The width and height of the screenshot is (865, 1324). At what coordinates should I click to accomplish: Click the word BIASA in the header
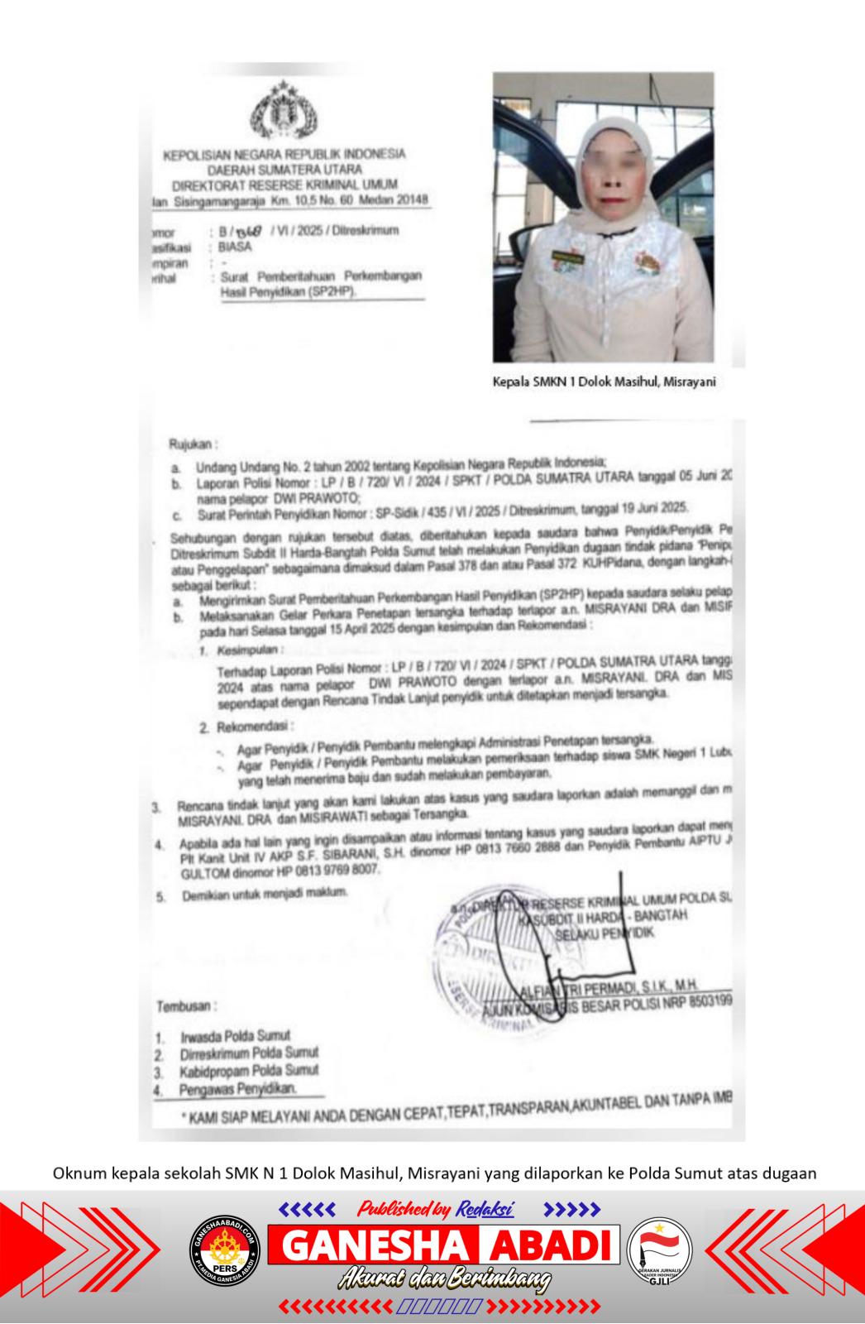click(235, 247)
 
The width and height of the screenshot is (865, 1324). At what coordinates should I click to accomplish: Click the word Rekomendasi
click(255, 727)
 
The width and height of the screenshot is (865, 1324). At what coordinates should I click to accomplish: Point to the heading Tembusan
click(187, 1007)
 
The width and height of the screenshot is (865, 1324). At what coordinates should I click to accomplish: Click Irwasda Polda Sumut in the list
click(236, 1036)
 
